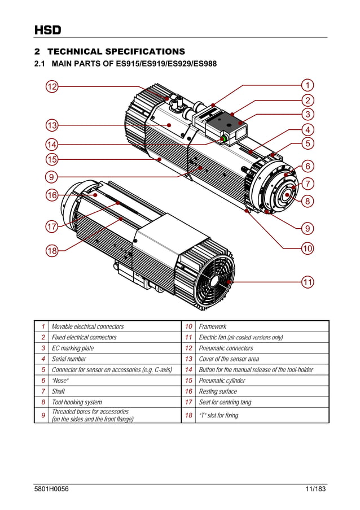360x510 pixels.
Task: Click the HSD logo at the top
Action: click(47, 30)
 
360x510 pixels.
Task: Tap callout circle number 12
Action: click(52, 86)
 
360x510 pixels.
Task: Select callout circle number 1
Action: click(308, 85)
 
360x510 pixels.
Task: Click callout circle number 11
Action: click(308, 282)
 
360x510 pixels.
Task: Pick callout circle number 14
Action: click(52, 143)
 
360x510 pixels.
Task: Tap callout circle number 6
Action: click(308, 166)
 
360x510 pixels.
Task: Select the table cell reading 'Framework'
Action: click(213, 326)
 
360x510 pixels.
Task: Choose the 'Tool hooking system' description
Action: click(77, 402)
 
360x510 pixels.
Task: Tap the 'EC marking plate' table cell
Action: click(73, 348)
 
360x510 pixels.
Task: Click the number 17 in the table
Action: click(188, 402)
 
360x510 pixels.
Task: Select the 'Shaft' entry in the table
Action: click(59, 391)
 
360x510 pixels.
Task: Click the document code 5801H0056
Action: click(52, 489)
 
